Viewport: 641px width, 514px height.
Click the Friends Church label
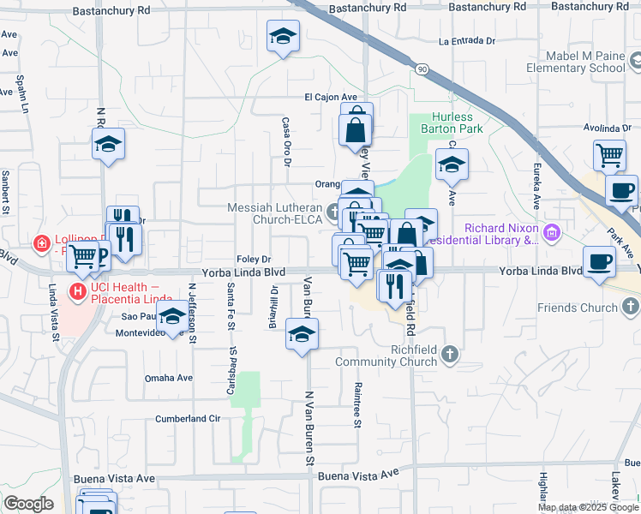[x=576, y=308]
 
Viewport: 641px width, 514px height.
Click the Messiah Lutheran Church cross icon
[x=332, y=208]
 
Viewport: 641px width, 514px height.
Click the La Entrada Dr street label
[x=467, y=40]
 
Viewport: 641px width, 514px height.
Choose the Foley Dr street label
[x=255, y=259]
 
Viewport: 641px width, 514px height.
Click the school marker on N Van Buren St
[x=302, y=334]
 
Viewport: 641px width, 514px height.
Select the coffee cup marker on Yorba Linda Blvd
[x=599, y=261]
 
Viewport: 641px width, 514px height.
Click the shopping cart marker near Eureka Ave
[x=609, y=156]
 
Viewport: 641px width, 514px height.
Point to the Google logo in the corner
[x=27, y=504]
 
